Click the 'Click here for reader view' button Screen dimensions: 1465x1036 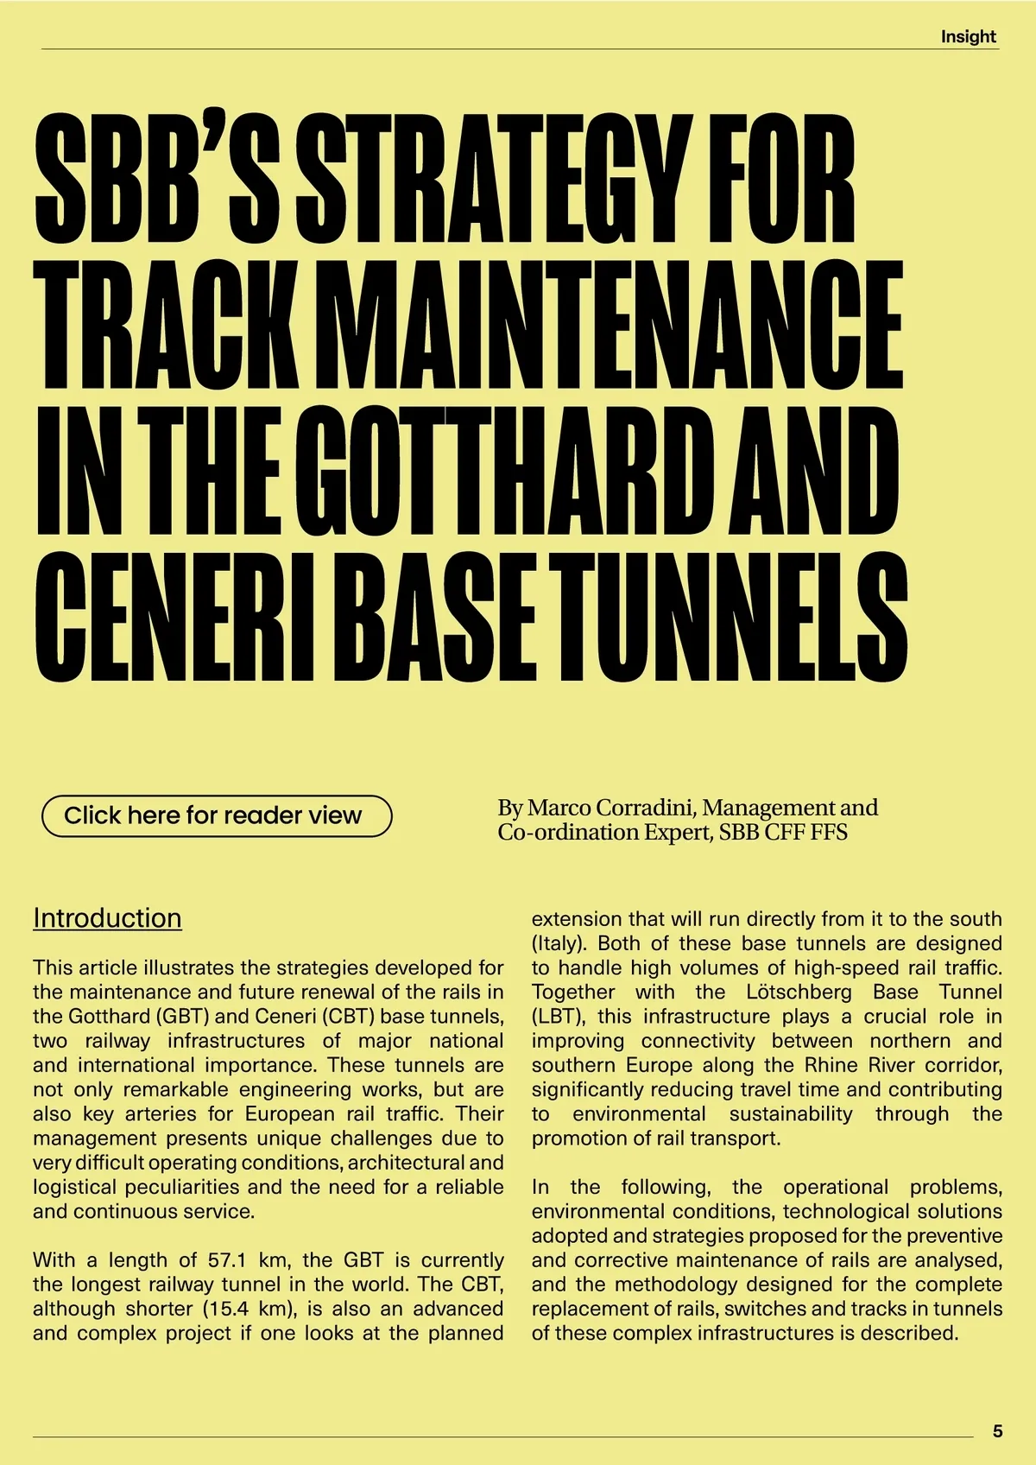tap(216, 815)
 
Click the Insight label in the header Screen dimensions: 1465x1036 tap(968, 36)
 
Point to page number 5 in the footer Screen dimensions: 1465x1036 tap(997, 1431)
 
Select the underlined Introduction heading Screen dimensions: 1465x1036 tap(107, 917)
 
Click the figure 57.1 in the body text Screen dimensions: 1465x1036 tap(230, 1259)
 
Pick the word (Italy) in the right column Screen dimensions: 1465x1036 tap(559, 943)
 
